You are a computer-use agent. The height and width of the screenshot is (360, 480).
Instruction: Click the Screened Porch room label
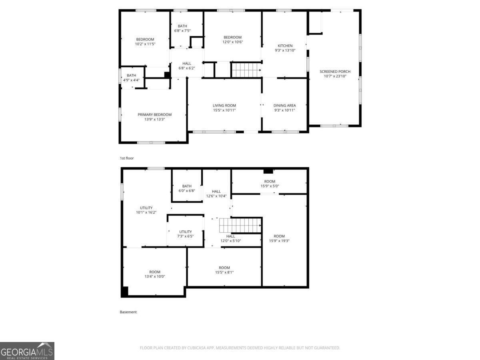point(335,72)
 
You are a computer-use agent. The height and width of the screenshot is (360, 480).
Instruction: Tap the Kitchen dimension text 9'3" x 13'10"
point(285,51)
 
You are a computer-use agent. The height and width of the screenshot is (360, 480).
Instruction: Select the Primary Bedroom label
point(154,114)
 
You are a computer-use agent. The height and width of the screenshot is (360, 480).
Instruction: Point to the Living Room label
point(224,106)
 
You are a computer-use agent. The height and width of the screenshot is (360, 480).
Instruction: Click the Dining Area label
point(285,106)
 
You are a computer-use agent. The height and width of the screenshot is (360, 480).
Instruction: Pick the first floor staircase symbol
point(246,70)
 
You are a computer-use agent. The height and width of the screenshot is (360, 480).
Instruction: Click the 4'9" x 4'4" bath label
point(131,78)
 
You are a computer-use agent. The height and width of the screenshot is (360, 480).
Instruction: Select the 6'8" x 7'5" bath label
point(182,28)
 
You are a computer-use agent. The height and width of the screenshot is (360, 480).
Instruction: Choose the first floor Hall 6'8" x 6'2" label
point(187,66)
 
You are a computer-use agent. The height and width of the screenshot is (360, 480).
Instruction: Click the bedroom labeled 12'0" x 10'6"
point(232,40)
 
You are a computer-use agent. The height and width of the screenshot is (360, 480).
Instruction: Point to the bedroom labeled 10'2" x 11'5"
point(145,42)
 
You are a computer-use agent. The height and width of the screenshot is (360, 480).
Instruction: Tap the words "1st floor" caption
point(127,158)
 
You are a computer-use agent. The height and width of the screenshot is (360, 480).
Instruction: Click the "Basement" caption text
point(128,312)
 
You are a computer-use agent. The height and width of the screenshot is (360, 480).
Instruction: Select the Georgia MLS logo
point(27,351)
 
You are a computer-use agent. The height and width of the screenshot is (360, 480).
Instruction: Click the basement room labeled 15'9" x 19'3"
point(279,238)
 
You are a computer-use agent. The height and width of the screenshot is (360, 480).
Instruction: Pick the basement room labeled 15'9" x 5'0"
point(270,184)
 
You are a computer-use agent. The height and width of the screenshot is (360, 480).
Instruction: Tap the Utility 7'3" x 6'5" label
point(185,234)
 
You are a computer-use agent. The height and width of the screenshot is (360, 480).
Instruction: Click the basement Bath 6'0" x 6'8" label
point(187,188)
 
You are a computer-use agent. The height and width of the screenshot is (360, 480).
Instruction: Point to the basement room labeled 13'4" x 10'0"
point(155,274)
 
